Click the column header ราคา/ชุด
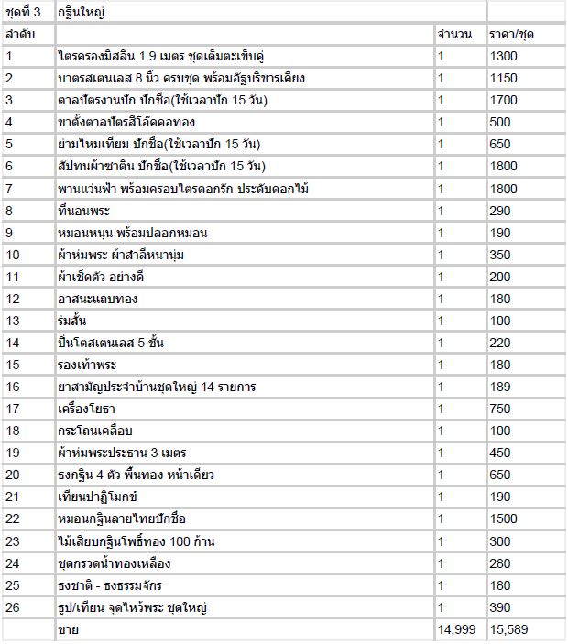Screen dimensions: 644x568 pos(512,34)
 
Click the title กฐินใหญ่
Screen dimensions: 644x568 pos(80,12)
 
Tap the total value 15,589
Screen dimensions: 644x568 pos(509,629)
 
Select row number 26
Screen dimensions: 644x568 pos(12,606)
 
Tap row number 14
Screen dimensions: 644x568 pos(12,343)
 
